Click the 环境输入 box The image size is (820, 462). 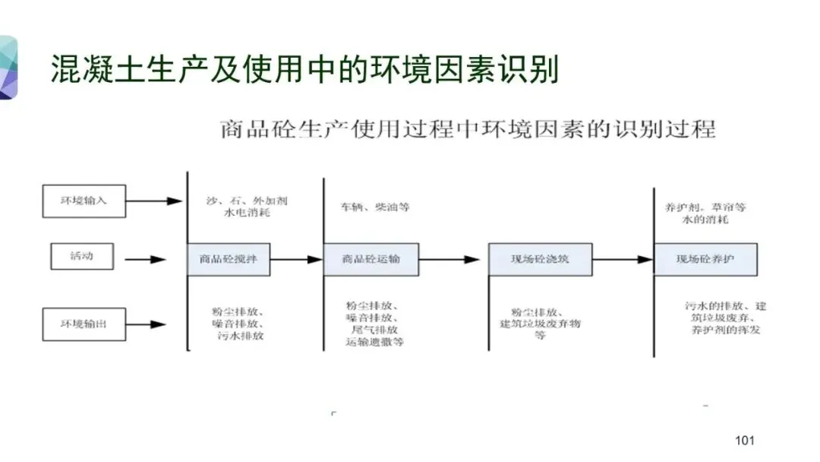(x=84, y=201)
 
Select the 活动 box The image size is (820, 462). (x=82, y=256)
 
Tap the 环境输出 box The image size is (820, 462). (x=84, y=324)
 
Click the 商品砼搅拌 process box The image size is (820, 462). (x=229, y=259)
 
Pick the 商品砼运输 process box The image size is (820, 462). (x=371, y=259)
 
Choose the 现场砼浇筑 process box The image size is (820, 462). (x=540, y=259)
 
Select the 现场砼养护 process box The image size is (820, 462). (x=705, y=259)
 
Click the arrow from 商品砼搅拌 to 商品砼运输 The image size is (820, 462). (x=296, y=259)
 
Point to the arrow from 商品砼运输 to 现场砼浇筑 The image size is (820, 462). (x=449, y=259)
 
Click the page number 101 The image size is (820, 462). (x=745, y=441)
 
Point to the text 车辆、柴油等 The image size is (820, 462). (x=376, y=207)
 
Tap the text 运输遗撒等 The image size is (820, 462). (x=375, y=343)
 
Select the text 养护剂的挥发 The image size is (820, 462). (x=725, y=331)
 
